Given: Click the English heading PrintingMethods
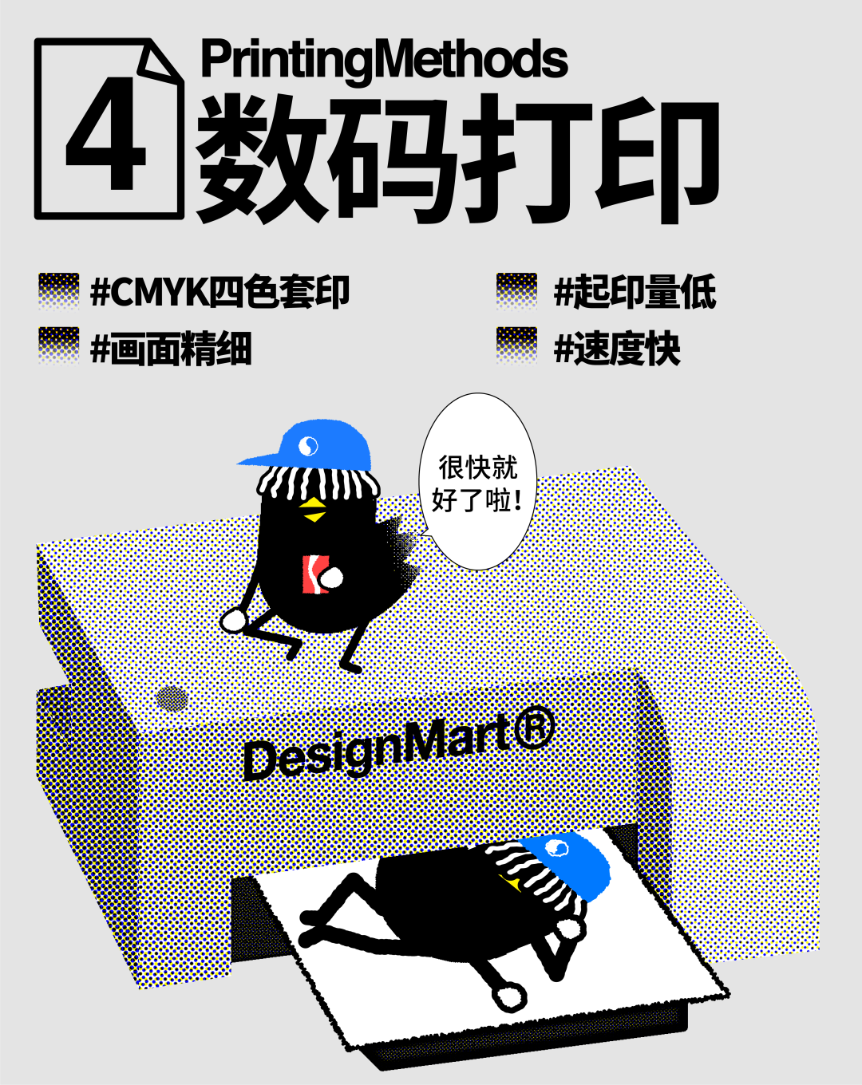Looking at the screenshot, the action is click(x=384, y=59).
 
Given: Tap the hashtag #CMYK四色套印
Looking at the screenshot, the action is click(x=220, y=292).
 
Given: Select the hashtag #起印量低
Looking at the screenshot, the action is click(x=635, y=292).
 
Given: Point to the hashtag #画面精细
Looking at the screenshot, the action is click(x=172, y=349).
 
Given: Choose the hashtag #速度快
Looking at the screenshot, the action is click(x=617, y=349).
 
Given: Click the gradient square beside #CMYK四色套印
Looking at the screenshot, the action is click(x=59, y=291).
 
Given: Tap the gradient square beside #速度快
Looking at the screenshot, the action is click(x=516, y=345).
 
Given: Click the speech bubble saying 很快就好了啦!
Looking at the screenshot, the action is click(x=477, y=482).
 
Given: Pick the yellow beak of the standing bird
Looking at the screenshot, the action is click(x=314, y=511).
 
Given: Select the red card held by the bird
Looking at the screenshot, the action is click(x=313, y=574).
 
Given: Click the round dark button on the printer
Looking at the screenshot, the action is click(x=172, y=699).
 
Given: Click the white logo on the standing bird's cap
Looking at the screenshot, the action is click(x=309, y=446).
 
